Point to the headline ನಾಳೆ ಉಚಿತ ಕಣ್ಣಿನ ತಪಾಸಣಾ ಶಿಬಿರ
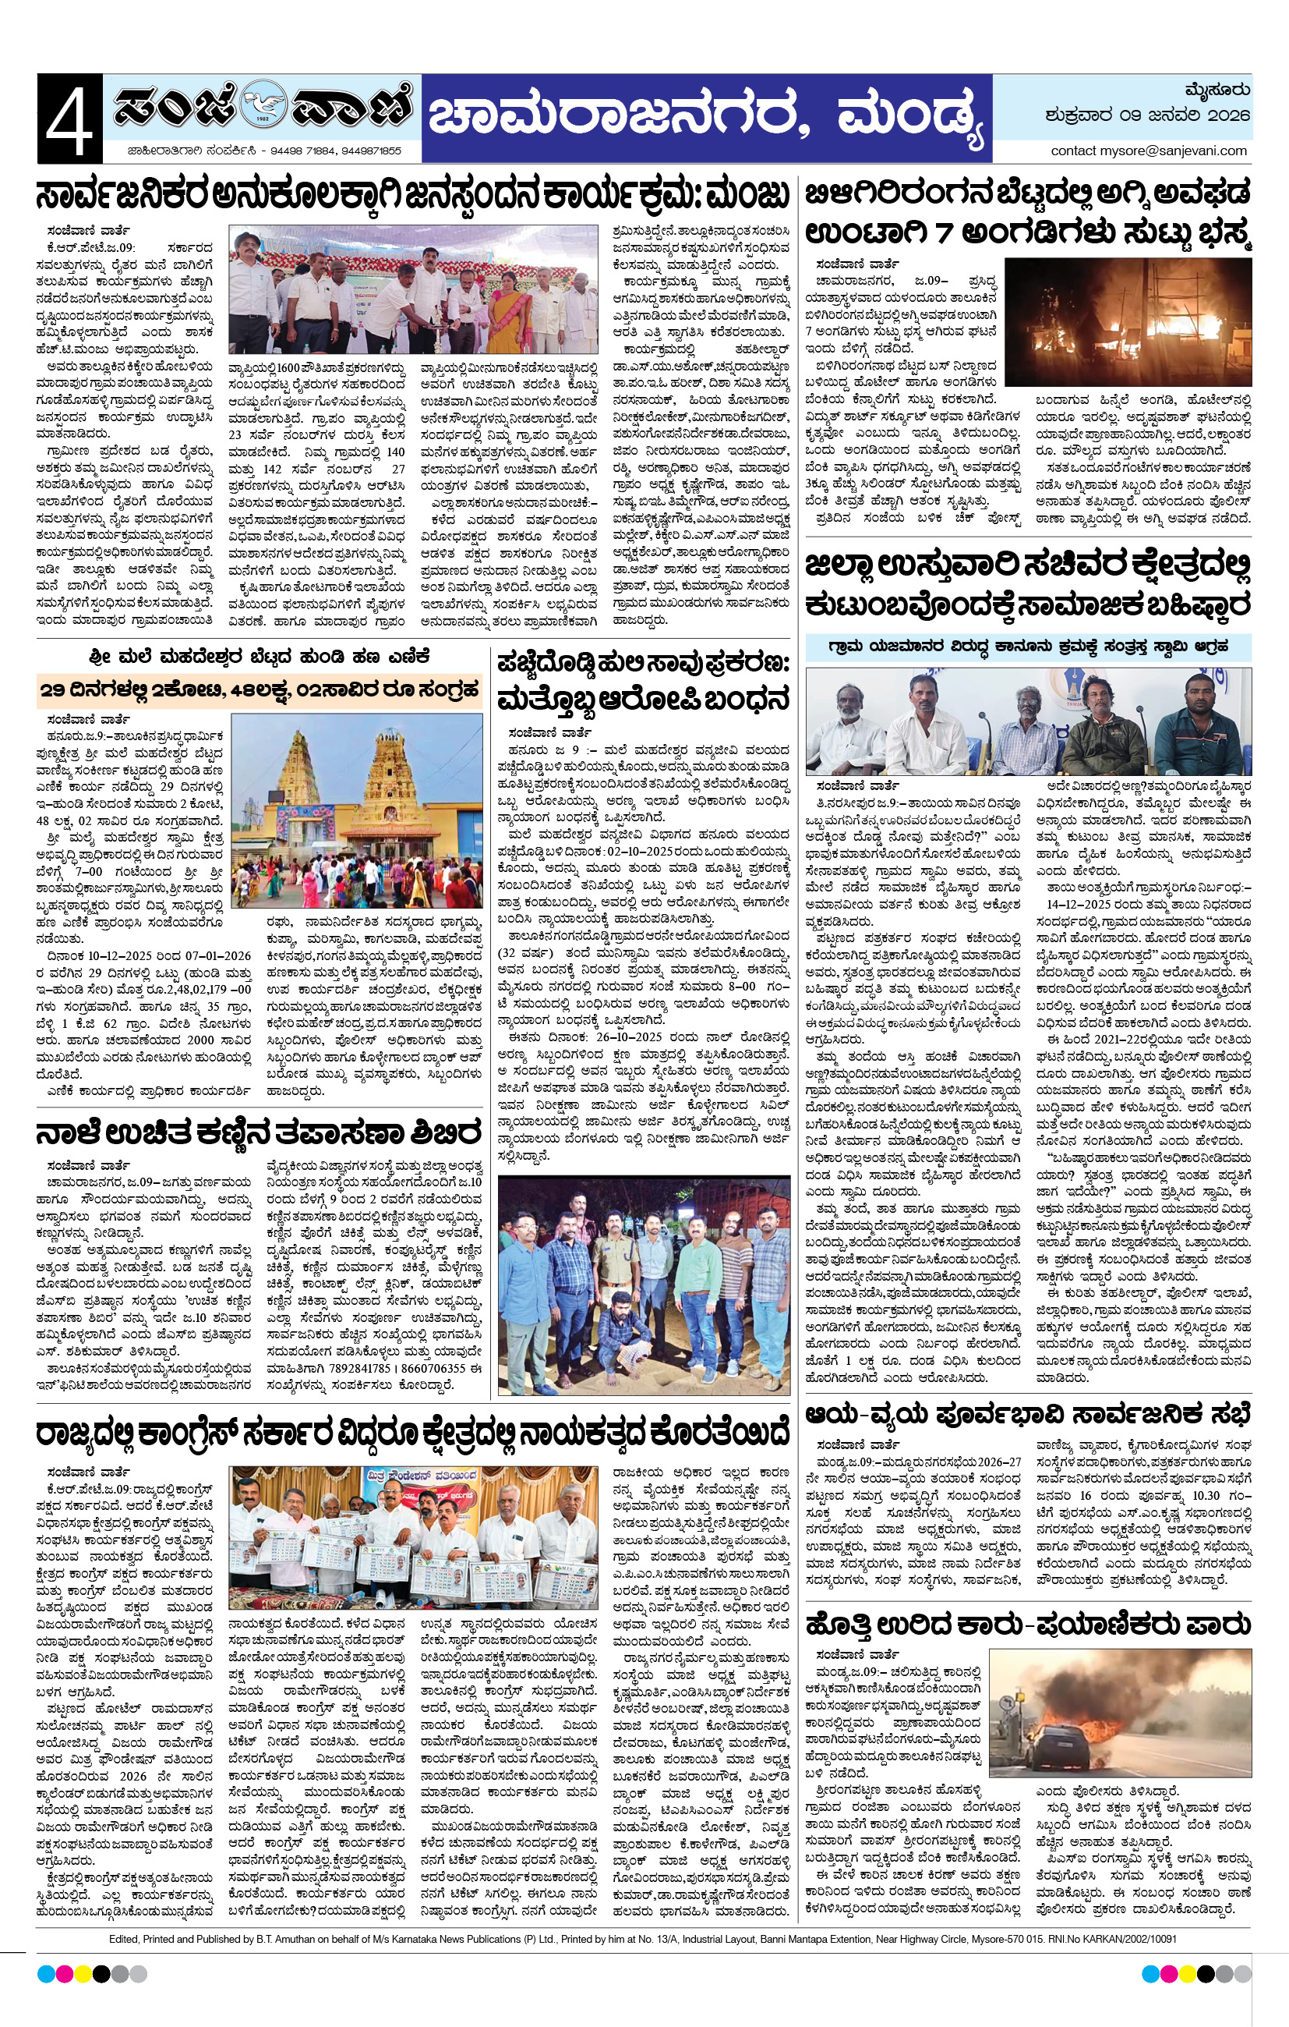pyautogui.click(x=257, y=1133)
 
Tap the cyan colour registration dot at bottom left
pyautogui.click(x=46, y=1974)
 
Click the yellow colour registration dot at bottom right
pyautogui.click(x=1186, y=1974)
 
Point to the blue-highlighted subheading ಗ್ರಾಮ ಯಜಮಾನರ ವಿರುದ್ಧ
pyautogui.click(x=1027, y=647)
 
